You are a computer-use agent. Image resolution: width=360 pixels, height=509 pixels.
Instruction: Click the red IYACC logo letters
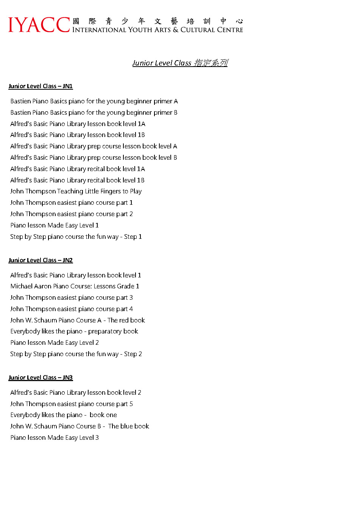click(x=39, y=25)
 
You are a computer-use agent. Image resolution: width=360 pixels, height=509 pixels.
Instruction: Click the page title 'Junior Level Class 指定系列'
click(x=180, y=63)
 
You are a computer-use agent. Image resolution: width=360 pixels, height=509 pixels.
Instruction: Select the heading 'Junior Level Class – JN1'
click(x=41, y=86)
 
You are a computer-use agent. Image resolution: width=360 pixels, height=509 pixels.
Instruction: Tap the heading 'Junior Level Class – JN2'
click(x=41, y=260)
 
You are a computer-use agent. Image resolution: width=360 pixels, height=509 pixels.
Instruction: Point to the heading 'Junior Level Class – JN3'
click(x=41, y=378)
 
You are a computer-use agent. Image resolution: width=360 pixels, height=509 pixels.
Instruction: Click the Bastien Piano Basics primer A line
click(x=94, y=101)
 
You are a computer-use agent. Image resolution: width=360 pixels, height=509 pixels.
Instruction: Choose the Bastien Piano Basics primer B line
click(x=94, y=113)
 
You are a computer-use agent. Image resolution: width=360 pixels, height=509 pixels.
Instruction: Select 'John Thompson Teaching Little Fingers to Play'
click(x=76, y=191)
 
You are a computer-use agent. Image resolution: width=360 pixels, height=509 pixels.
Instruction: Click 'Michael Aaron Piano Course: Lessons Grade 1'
click(x=75, y=286)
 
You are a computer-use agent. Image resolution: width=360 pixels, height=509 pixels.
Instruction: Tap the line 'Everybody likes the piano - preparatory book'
click(x=74, y=332)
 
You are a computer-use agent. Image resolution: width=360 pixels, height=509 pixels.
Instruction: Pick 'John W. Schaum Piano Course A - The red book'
click(x=78, y=321)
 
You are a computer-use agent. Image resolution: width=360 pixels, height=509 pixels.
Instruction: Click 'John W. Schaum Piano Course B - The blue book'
click(x=79, y=427)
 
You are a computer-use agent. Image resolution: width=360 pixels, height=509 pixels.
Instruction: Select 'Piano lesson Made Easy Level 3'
click(x=55, y=438)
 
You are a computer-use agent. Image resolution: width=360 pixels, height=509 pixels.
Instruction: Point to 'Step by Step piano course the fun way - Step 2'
click(x=76, y=354)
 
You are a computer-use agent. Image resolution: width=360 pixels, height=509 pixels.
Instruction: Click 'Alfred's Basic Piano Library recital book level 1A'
click(x=78, y=169)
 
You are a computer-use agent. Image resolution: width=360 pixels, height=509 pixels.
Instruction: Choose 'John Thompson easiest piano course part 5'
click(x=72, y=404)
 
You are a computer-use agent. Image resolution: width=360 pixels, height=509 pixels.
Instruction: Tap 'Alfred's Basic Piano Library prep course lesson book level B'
click(x=94, y=158)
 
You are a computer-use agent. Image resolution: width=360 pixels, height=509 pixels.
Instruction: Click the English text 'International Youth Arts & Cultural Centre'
click(x=157, y=30)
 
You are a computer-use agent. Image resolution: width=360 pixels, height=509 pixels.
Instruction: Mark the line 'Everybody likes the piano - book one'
click(x=64, y=415)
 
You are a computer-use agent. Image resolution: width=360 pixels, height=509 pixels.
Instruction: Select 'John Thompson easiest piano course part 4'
click(x=72, y=309)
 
